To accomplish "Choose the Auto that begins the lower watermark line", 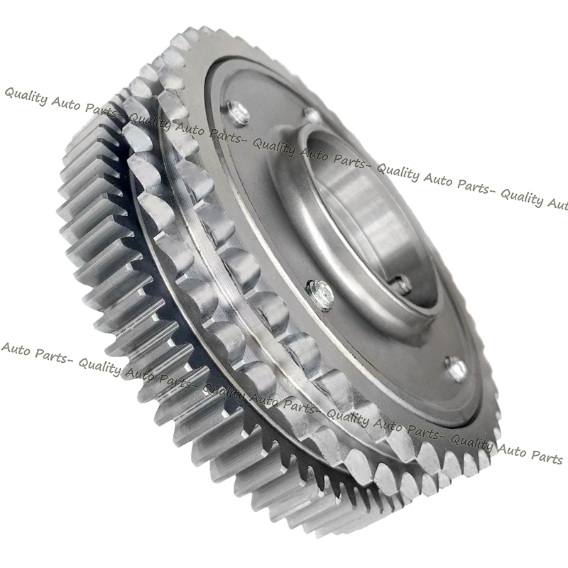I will [x=13, y=349].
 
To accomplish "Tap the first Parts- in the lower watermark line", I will [x=50, y=355].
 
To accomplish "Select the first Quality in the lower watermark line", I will [x=99, y=366].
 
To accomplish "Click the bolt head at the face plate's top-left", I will [x=236, y=111].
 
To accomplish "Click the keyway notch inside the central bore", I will [x=403, y=285].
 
